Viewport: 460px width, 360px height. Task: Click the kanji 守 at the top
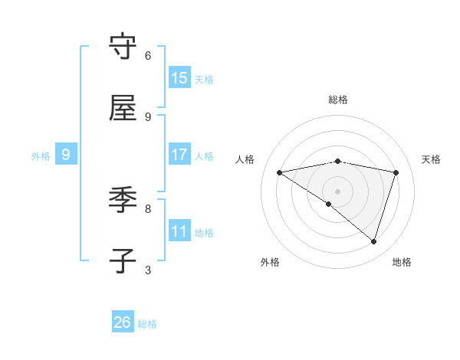coord(123,47)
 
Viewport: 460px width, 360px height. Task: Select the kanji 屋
coord(123,109)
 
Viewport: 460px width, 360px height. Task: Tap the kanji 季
coord(123,201)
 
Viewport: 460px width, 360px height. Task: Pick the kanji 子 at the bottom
coord(123,262)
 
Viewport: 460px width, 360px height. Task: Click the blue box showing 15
coord(179,78)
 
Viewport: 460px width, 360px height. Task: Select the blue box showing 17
coord(179,155)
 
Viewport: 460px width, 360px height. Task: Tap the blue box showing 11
coord(179,231)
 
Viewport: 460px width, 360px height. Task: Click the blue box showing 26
coord(123,322)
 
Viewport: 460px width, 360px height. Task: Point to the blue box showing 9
coord(66,155)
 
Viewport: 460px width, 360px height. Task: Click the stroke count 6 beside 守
coord(148,55)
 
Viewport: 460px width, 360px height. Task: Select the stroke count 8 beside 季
coord(148,208)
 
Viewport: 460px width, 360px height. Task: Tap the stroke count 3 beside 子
coord(148,270)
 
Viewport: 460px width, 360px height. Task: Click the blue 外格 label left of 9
coord(41,156)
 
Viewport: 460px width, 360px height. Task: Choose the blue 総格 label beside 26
coord(147,324)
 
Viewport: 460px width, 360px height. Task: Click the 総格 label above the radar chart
coord(338,100)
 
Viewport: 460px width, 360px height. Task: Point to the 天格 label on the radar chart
coord(431,159)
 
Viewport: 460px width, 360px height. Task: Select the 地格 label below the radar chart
coord(402,262)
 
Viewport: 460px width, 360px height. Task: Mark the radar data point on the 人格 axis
coord(280,172)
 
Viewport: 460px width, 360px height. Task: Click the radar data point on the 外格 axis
coord(329,204)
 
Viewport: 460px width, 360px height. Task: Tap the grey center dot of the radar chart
coord(338,191)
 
